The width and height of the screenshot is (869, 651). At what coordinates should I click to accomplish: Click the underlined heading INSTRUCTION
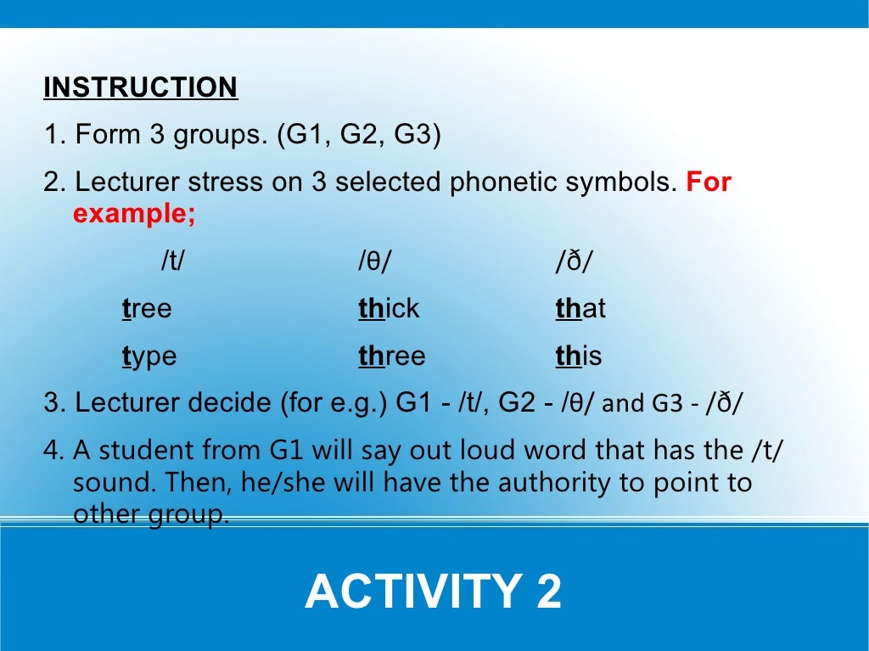pyautogui.click(x=140, y=87)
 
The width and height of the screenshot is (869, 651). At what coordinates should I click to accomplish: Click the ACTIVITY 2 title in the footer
pyautogui.click(x=433, y=592)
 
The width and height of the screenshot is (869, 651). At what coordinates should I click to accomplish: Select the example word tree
pyautogui.click(x=147, y=309)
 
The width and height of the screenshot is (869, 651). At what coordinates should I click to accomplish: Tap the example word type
pyautogui.click(x=149, y=356)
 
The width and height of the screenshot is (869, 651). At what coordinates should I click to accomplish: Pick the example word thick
pyautogui.click(x=389, y=309)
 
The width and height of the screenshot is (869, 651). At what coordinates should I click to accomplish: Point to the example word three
pyautogui.click(x=392, y=356)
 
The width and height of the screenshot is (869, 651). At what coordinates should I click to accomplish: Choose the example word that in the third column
pyautogui.click(x=580, y=309)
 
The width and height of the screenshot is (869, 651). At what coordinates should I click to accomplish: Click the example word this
pyautogui.click(x=579, y=356)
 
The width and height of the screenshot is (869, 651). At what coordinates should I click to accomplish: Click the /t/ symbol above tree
pyautogui.click(x=172, y=262)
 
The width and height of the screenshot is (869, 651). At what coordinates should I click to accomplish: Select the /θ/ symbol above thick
pyautogui.click(x=374, y=262)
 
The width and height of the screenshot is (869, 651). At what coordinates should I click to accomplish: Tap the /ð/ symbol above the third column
pyautogui.click(x=574, y=262)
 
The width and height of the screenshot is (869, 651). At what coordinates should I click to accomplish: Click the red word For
pyautogui.click(x=709, y=182)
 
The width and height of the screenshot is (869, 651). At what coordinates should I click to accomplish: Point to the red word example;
pyautogui.click(x=134, y=214)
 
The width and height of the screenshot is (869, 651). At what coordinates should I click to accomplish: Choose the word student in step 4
pyautogui.click(x=138, y=451)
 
